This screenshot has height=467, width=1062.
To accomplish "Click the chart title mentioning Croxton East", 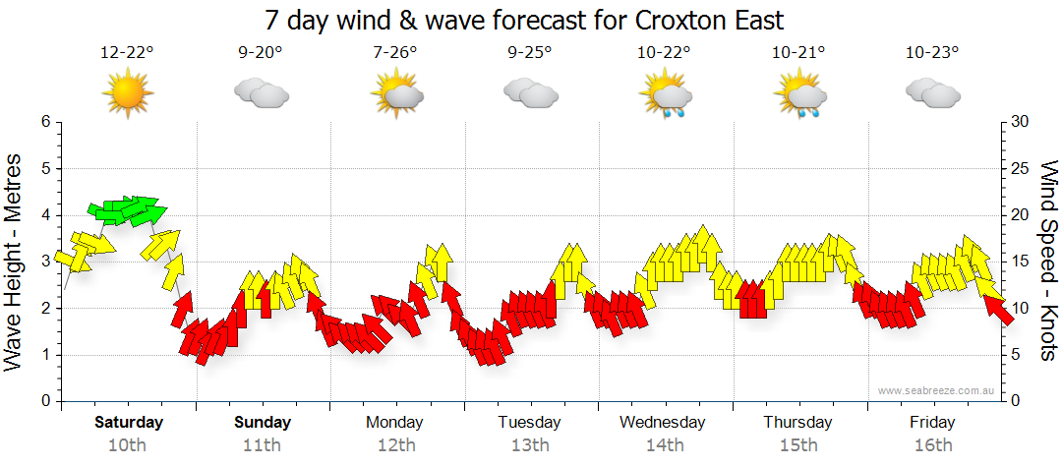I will (524, 20).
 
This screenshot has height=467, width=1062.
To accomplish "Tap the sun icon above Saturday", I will (128, 94).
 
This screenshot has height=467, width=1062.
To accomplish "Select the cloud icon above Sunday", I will (262, 94).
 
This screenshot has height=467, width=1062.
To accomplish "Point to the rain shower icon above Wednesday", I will (665, 96).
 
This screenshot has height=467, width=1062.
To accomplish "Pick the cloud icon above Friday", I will (932, 93).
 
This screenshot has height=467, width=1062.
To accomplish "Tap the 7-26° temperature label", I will (395, 53).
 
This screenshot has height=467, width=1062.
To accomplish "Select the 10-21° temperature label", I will (797, 53).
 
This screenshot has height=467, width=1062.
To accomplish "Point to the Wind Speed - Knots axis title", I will (1048, 261).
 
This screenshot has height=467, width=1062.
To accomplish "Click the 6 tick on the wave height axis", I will (45, 121).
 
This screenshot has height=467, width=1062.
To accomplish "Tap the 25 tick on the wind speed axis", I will (1021, 168).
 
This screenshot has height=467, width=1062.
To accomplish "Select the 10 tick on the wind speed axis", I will (1021, 308).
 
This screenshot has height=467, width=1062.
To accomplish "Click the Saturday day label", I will (129, 423).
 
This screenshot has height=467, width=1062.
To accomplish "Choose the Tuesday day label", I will (529, 423).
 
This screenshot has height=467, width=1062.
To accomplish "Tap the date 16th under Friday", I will (932, 445).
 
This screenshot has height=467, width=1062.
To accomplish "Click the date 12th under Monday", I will (395, 445).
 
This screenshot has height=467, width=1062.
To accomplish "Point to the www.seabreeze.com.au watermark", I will (937, 390).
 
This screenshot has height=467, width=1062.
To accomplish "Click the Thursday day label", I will (797, 423).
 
